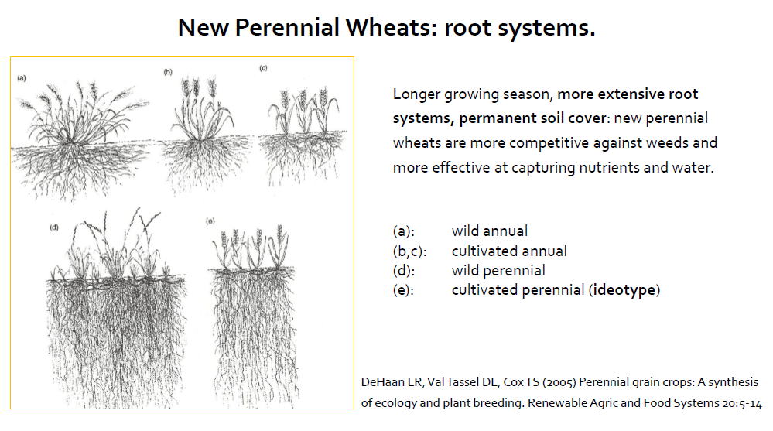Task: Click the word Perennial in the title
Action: pyautogui.click(x=287, y=28)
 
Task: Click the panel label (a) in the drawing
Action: pyautogui.click(x=22, y=78)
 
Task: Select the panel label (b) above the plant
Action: pyautogui.click(x=168, y=72)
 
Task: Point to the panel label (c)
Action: pyautogui.click(x=264, y=68)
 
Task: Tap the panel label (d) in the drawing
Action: pyautogui.click(x=54, y=227)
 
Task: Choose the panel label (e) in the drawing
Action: pyautogui.click(x=210, y=221)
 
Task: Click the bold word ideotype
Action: pyautogui.click(x=624, y=290)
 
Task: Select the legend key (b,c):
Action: pyautogui.click(x=409, y=251)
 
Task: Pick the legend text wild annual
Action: pyautogui.click(x=490, y=231)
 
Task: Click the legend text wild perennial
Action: pyautogui.click(x=498, y=270)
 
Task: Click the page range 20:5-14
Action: pyautogui.click(x=742, y=403)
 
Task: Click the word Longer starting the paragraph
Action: pyautogui.click(x=416, y=94)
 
